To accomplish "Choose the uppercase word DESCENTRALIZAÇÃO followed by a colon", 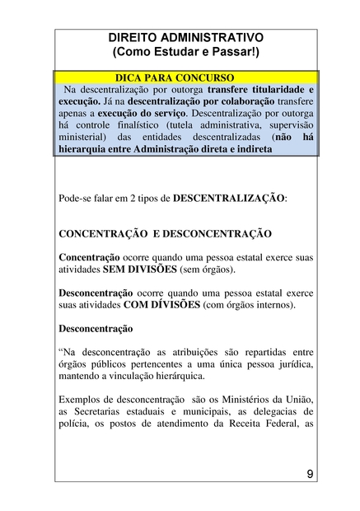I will coord(227,199).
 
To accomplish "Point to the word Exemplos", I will coord(82,400).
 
